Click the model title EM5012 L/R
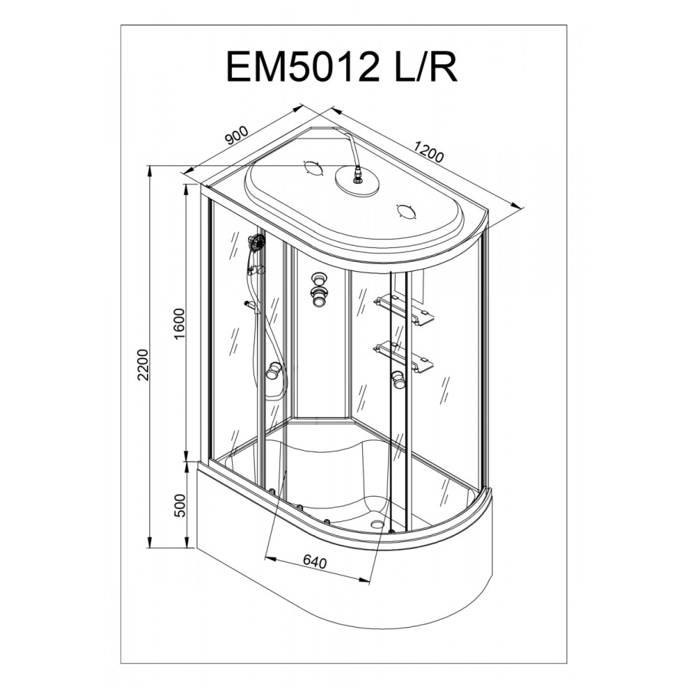341,67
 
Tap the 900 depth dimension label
237,136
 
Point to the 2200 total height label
143,364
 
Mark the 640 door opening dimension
315,562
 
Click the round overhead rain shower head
358,180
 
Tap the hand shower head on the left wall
256,243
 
